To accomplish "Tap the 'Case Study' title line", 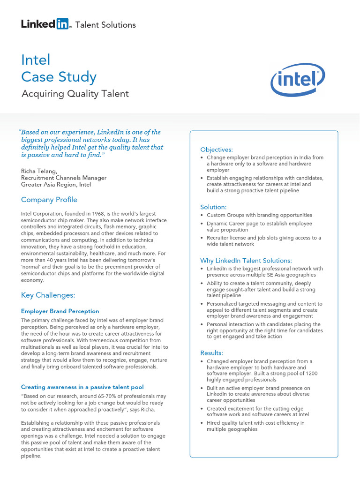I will click(x=59, y=77).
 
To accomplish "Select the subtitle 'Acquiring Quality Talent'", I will click(x=75, y=94).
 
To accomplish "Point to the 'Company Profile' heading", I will click(x=49, y=200).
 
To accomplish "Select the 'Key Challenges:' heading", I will click(x=48, y=295).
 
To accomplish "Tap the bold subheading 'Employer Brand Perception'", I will click(x=60, y=311).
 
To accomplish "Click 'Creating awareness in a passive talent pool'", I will click(x=82, y=387).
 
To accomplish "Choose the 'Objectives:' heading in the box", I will click(x=217, y=150).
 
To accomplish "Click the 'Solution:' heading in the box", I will click(x=213, y=207).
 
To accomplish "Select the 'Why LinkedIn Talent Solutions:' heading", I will click(x=246, y=261).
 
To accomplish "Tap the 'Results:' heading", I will click(x=212, y=352).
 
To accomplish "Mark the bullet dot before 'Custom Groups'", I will click(x=202, y=216).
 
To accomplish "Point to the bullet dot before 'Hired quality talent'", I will click(x=202, y=423).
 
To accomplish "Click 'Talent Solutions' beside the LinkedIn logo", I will click(x=105, y=25).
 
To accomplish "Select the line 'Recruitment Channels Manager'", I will click(x=64, y=178).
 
